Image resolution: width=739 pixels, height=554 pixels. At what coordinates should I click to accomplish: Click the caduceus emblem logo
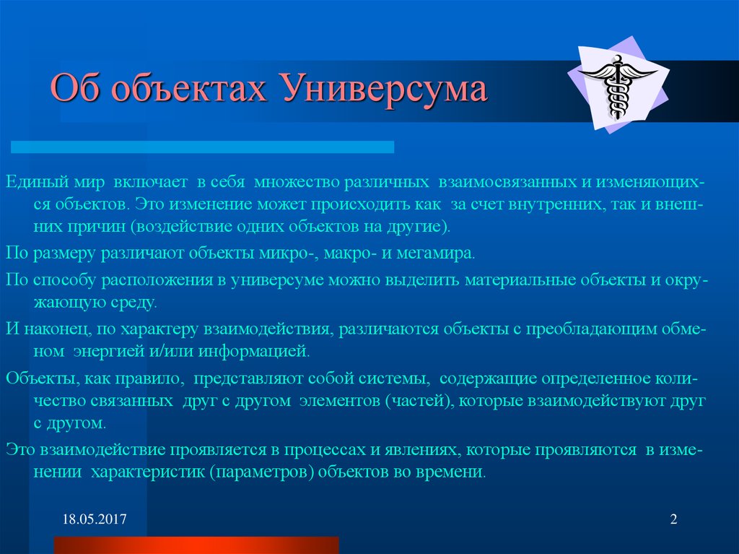pos(618,87)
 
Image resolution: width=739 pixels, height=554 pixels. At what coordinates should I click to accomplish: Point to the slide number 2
pos(673,520)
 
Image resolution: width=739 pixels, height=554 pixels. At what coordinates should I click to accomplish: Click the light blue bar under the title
pos(202,147)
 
